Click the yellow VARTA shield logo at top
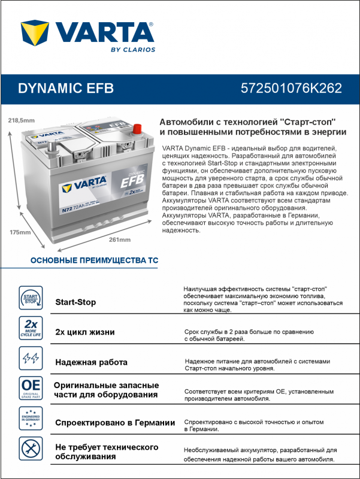click(x=35, y=33)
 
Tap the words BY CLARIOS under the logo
click(x=133, y=50)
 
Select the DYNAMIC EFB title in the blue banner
click(x=66, y=88)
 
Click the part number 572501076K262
click(x=291, y=88)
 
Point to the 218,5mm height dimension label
click(x=22, y=120)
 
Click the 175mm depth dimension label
click(x=20, y=232)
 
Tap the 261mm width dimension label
click(x=120, y=240)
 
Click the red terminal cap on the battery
click(x=138, y=129)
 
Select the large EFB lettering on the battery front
click(x=132, y=181)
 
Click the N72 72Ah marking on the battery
click(x=73, y=208)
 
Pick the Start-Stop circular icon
click(x=31, y=298)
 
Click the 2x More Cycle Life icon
click(x=31, y=328)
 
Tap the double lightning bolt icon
click(x=31, y=358)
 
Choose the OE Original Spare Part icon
click(x=31, y=388)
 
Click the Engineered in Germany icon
click(x=31, y=419)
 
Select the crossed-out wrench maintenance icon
click(x=31, y=448)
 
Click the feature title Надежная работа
click(x=92, y=362)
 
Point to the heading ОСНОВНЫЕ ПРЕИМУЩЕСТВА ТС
click(x=95, y=260)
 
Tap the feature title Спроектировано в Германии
click(x=115, y=423)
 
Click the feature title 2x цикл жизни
click(x=85, y=332)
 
